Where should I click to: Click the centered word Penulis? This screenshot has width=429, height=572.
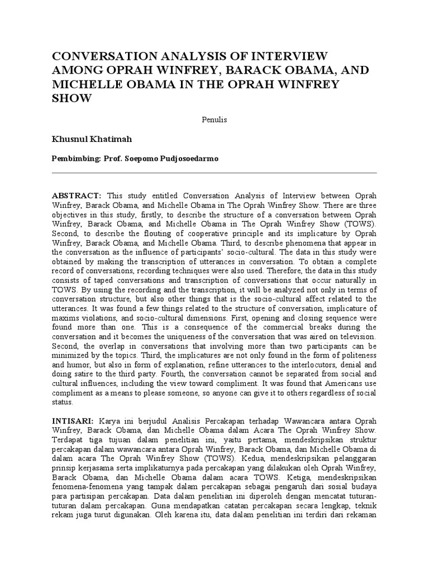[x=214, y=119]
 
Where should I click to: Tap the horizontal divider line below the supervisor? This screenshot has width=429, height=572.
[x=214, y=173]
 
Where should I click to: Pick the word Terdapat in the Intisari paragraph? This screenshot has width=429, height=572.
[x=68, y=438]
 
